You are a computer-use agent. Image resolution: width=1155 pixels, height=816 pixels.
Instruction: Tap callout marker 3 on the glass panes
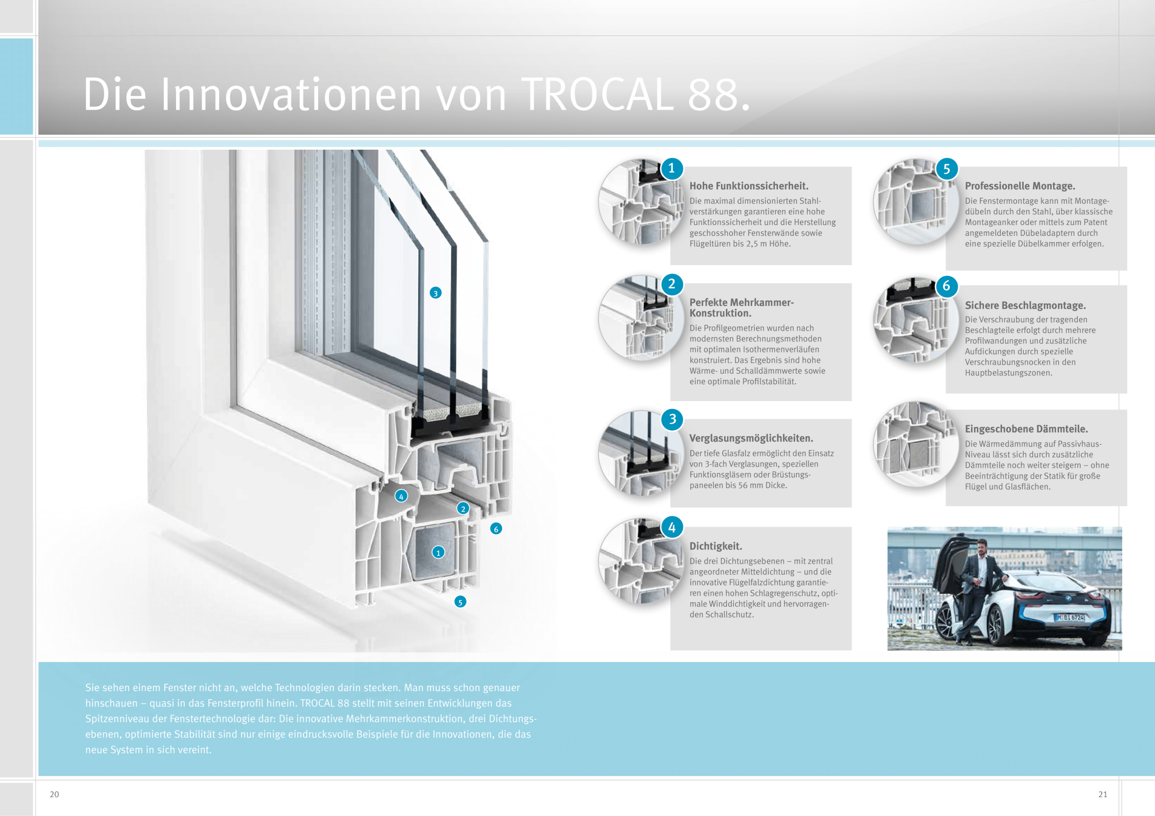(x=436, y=293)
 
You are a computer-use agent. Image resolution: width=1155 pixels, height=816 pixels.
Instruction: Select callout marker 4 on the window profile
(x=401, y=496)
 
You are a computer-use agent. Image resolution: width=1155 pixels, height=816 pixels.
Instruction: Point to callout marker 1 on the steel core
(x=438, y=553)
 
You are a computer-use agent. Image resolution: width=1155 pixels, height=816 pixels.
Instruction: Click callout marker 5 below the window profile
(x=460, y=602)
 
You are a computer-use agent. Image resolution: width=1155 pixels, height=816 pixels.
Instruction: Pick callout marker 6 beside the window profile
(x=496, y=528)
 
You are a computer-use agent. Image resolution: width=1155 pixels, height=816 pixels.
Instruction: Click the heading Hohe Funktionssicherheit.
(x=748, y=186)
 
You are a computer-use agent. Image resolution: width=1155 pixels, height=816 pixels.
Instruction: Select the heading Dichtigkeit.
(x=716, y=546)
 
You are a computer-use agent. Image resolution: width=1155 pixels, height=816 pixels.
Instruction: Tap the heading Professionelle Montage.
(x=1020, y=186)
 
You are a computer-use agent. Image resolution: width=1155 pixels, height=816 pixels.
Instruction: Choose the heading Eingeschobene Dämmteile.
(x=1026, y=429)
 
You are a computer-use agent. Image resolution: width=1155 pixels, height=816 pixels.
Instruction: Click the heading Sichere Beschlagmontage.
(x=1025, y=305)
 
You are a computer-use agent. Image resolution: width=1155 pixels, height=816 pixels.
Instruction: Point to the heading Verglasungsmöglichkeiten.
(x=751, y=438)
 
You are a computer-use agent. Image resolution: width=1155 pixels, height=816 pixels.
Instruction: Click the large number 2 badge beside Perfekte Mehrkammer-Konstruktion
(x=672, y=284)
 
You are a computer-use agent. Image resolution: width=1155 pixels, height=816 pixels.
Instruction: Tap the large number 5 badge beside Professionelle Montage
(x=946, y=169)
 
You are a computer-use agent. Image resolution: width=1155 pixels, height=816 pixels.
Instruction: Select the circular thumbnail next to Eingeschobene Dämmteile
(x=915, y=444)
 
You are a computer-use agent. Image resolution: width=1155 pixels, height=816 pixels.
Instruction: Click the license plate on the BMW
(x=1069, y=617)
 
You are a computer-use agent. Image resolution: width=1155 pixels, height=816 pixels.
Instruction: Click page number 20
(x=54, y=794)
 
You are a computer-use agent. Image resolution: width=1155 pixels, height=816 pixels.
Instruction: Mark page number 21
(x=1103, y=794)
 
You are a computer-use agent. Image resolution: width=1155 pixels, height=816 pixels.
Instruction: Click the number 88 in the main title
(x=713, y=95)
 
